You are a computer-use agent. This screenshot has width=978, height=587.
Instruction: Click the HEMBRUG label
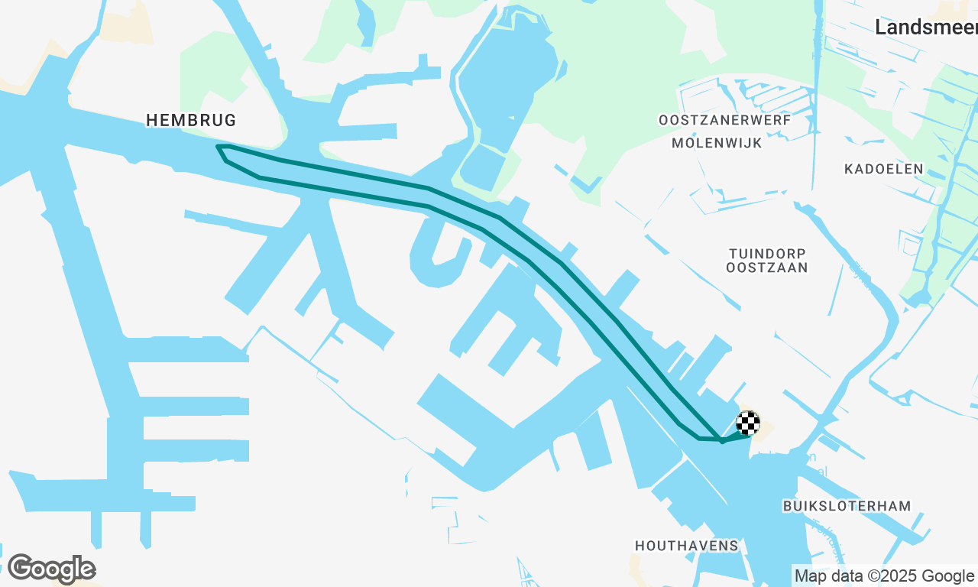pos(191,120)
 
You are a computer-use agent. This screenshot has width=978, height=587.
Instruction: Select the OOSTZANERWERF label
pos(724,120)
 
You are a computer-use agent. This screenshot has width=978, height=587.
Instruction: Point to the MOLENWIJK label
pos(717,143)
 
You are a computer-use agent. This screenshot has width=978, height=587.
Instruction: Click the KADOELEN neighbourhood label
pos(884,169)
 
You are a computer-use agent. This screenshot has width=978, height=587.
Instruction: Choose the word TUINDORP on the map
pos(767,253)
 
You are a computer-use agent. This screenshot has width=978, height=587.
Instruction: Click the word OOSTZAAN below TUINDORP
pos(767,268)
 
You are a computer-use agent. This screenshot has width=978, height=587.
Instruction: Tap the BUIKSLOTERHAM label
pos(847,506)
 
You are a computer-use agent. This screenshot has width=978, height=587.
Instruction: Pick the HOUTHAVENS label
pos(687,546)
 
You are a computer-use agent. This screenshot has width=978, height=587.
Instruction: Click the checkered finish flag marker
pos(748,423)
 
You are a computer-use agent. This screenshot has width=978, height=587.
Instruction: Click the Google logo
pos(51,569)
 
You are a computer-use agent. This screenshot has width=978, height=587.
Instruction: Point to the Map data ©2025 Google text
pos(885,576)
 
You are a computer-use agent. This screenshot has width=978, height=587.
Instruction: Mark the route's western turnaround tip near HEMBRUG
pos(219,147)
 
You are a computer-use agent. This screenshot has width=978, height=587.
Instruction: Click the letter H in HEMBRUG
pos(151,120)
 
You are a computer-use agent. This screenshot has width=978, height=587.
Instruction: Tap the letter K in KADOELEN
pos(849,169)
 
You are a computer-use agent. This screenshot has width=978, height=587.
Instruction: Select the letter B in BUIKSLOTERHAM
pos(788,506)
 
